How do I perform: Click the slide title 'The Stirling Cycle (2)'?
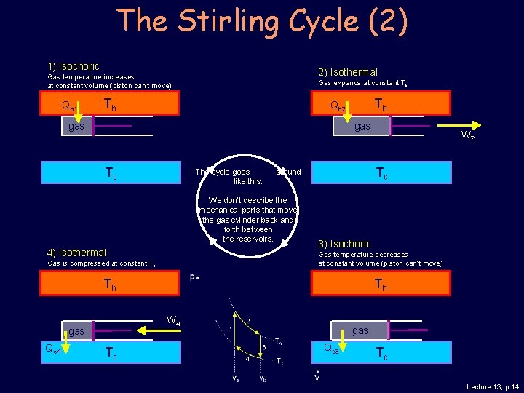click(262, 22)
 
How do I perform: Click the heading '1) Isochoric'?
click(74, 66)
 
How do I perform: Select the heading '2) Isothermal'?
click(348, 72)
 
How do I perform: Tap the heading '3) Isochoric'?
click(344, 244)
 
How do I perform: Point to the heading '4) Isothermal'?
click(76, 253)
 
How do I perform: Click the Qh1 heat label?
click(70, 106)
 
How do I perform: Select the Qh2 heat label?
click(338, 106)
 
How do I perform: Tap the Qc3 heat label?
click(331, 348)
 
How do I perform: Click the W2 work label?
click(469, 136)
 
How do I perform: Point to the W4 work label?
click(174, 320)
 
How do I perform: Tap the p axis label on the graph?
click(192, 277)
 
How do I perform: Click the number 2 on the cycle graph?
click(248, 320)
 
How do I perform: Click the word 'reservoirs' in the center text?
click(248, 239)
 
